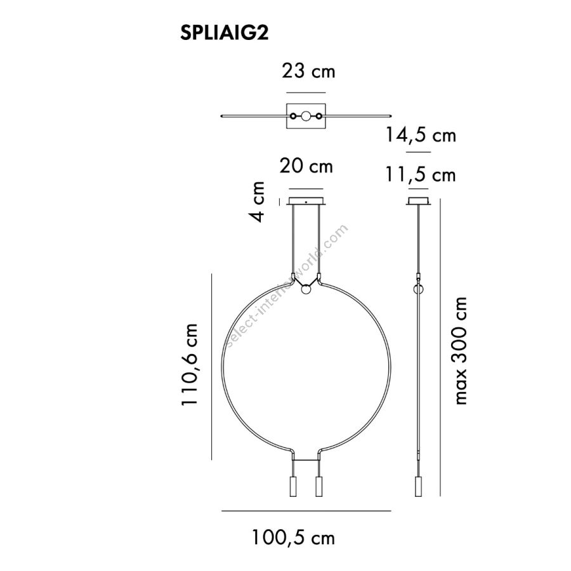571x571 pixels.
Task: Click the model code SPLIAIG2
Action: pyautogui.click(x=225, y=33)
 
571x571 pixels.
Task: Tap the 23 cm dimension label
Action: pyautogui.click(x=308, y=71)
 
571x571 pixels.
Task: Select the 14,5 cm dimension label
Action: pyautogui.click(x=421, y=135)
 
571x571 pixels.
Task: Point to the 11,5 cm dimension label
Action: pyautogui.click(x=421, y=175)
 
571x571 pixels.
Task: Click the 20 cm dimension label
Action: pyautogui.click(x=306, y=166)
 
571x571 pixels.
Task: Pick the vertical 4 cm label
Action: pyautogui.click(x=257, y=201)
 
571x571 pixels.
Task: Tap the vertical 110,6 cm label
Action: pyautogui.click(x=190, y=364)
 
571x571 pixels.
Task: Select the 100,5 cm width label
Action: pyautogui.click(x=293, y=537)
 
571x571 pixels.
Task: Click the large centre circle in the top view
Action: pyautogui.click(x=306, y=116)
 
